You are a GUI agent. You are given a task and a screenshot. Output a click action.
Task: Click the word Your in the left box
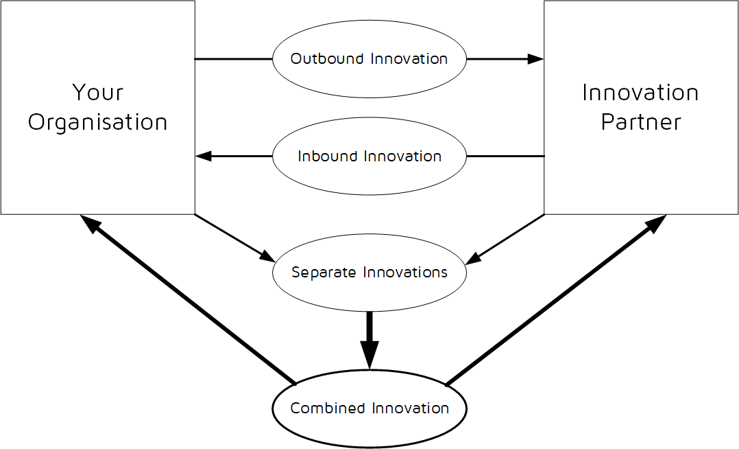tap(97, 92)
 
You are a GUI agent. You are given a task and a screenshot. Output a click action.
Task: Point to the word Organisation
tap(97, 122)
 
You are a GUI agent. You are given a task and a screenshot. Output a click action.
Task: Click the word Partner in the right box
tap(640, 122)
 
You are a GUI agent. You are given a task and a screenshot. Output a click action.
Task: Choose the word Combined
tap(328, 408)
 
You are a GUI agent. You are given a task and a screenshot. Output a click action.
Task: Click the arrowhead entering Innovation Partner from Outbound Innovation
tap(536, 59)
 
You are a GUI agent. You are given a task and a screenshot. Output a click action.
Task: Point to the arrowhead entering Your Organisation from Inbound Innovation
tap(204, 157)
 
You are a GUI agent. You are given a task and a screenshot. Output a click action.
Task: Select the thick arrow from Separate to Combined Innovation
tap(369, 340)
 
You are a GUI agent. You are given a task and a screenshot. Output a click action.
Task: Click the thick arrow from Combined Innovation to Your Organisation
tap(189, 299)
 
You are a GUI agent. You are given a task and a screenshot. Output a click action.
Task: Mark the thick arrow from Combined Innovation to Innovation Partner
tap(555, 299)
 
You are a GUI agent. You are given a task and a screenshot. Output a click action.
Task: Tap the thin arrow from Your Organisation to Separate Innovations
tap(233, 237)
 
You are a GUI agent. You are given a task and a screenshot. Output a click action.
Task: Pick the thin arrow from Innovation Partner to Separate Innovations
tap(506, 237)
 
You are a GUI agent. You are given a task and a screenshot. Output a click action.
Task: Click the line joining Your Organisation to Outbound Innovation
tap(233, 59)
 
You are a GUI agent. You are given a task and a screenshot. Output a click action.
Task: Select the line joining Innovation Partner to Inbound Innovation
tap(505, 157)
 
